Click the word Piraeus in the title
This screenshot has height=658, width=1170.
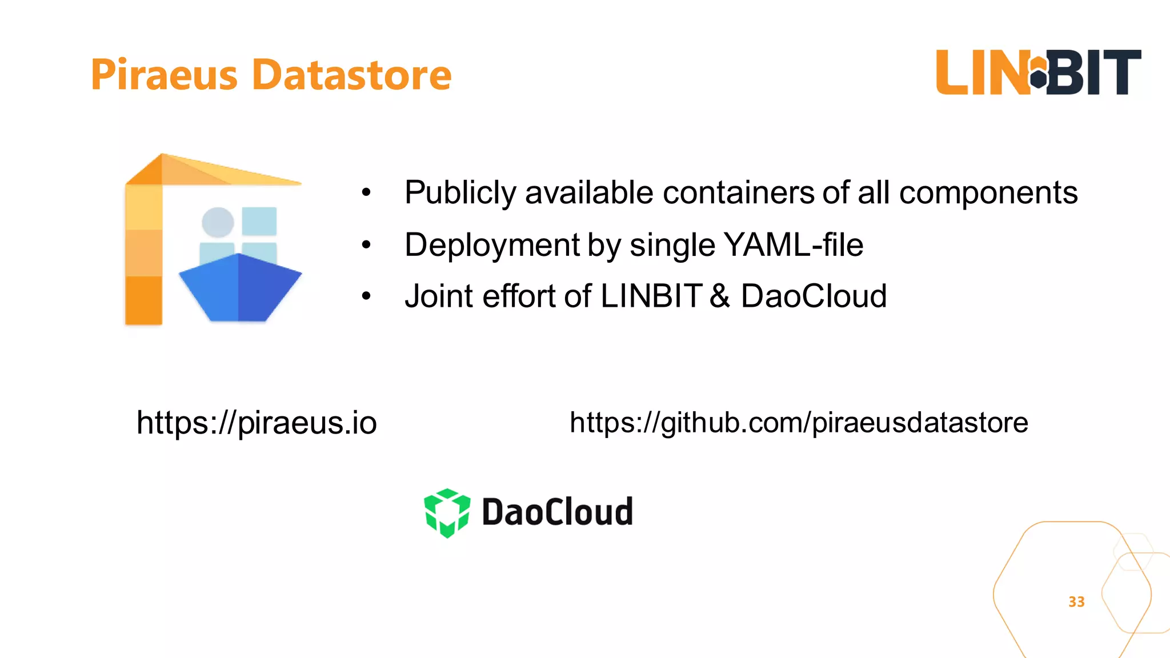click(164, 75)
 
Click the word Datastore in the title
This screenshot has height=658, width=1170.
click(352, 75)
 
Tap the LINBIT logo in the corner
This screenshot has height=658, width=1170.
click(1038, 73)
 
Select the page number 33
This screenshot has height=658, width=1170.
click(1076, 601)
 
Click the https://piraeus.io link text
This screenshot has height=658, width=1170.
click(257, 423)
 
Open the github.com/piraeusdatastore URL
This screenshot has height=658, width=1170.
click(799, 423)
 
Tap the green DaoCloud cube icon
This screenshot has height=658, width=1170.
click(447, 512)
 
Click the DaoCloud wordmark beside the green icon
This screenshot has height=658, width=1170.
click(557, 512)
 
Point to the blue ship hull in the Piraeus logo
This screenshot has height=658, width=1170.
click(240, 288)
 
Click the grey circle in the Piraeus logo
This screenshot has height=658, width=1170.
click(218, 222)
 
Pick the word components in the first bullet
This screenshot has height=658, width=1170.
click(988, 192)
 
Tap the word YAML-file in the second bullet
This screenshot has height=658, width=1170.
click(794, 245)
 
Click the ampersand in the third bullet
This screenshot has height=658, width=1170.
click(720, 296)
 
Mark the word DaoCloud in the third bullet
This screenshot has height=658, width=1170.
click(814, 296)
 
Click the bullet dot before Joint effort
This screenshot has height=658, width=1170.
click(366, 296)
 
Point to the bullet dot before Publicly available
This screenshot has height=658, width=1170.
click(366, 193)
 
